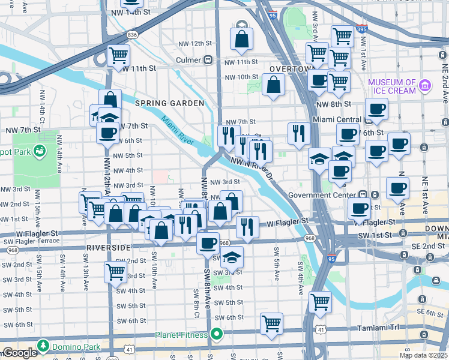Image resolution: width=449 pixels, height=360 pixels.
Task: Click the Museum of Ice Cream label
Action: coord(392,86)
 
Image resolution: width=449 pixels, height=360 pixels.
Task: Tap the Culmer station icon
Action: coord(208,60)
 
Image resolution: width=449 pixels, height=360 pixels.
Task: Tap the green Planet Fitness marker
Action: coord(217,334)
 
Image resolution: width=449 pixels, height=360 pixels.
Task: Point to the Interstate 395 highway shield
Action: coord(377,28)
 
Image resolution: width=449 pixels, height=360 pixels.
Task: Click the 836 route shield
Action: coord(133,35)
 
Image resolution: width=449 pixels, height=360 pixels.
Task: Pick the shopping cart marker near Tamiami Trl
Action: coord(272,323)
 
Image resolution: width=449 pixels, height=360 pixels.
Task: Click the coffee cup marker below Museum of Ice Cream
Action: coord(376,109)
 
